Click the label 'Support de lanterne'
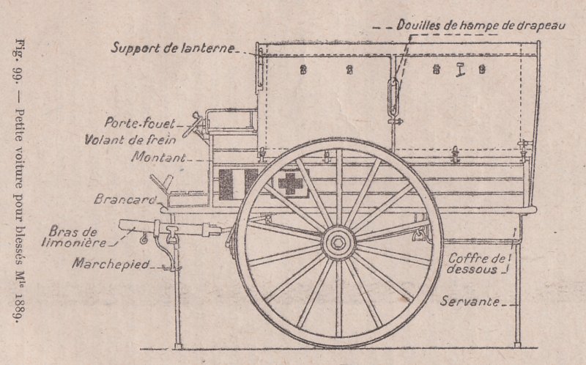(x=173, y=48)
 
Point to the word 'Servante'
(x=470, y=301)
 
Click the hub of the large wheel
(x=339, y=241)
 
